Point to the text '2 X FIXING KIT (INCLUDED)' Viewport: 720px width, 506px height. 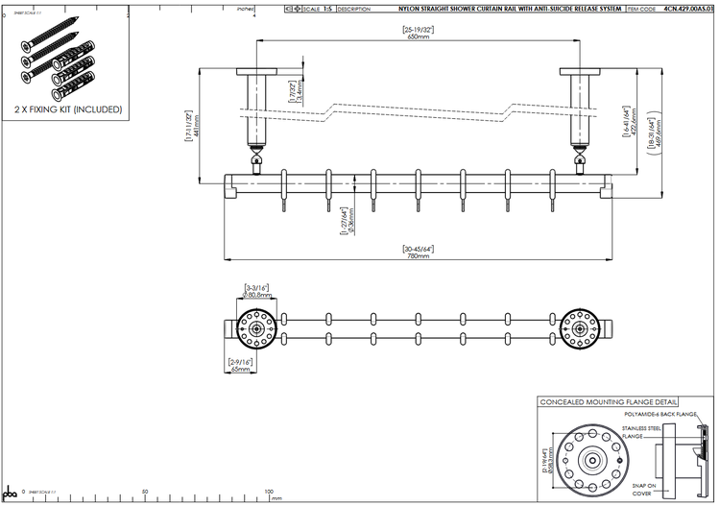(x=68, y=110)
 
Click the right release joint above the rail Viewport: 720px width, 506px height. (x=579, y=156)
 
